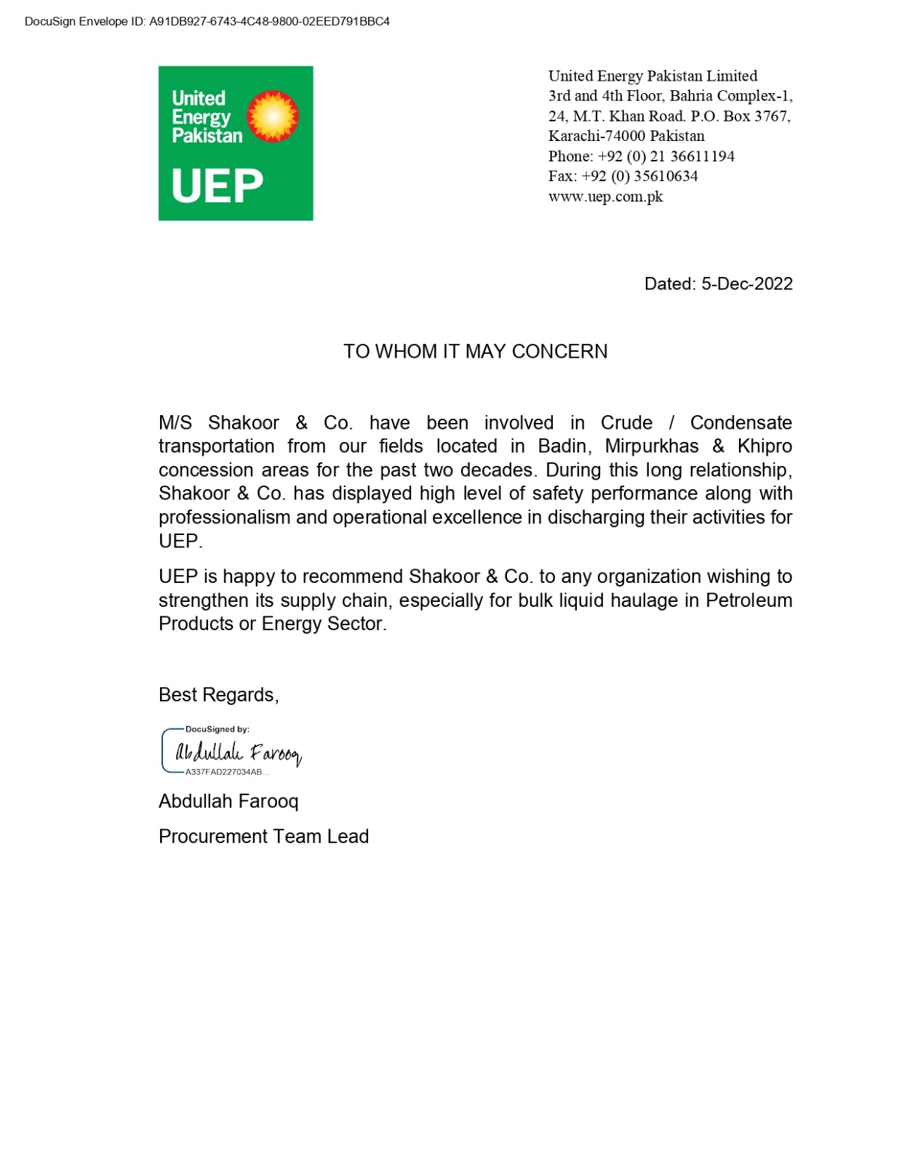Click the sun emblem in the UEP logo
coord(273,116)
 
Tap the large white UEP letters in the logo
coord(217,186)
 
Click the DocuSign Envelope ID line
coord(207,22)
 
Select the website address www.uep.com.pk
coord(605,196)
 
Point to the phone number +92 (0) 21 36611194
coord(666,156)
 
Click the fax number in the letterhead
coord(654,176)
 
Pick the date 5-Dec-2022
coord(746,283)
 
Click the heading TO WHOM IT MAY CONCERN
coord(475,351)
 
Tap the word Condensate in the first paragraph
coord(740,422)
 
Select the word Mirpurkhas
coord(651,446)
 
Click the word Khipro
coord(764,446)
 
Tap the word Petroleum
coord(748,600)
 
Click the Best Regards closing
coord(218,695)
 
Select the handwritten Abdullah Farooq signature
coord(238,752)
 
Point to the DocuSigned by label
coord(217,729)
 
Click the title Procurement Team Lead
coord(263,836)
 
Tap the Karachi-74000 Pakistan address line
coord(626,136)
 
